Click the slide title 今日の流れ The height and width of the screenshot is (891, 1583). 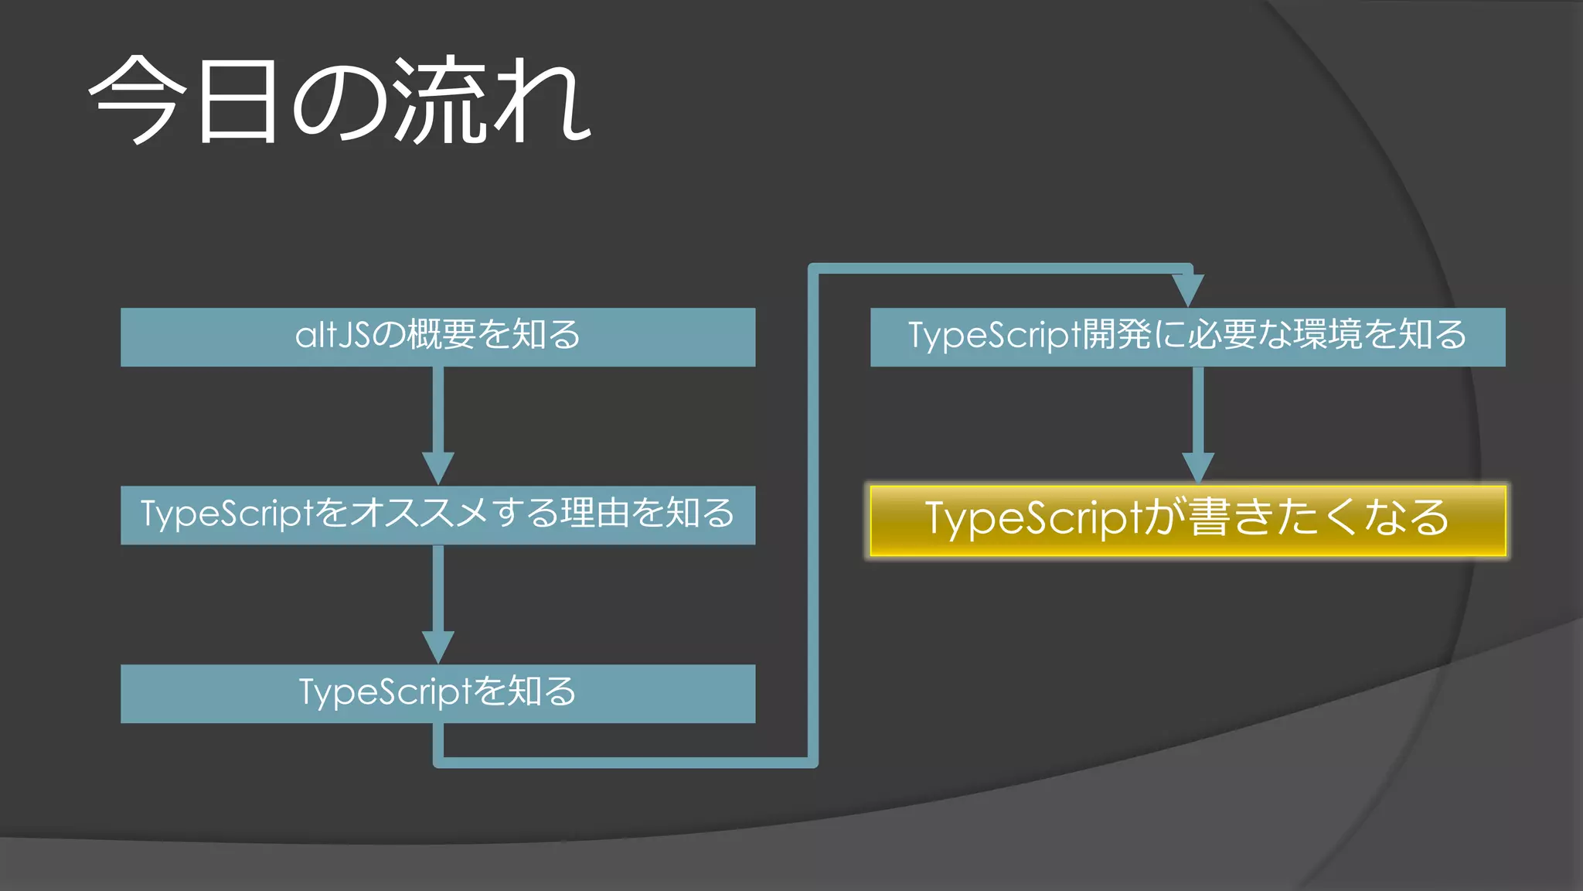pyautogui.click(x=340, y=101)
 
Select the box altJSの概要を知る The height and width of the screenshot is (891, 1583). pyautogui.click(x=437, y=336)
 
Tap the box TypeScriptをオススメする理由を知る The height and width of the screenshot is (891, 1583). pyautogui.click(x=437, y=514)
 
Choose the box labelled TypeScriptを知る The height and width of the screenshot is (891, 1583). pyautogui.click(x=437, y=693)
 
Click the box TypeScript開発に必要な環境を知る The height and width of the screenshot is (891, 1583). pyautogui.click(x=1187, y=336)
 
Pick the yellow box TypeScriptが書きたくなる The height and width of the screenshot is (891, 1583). pyautogui.click(x=1187, y=520)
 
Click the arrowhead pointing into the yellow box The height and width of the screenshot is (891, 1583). pyautogui.click(x=1198, y=467)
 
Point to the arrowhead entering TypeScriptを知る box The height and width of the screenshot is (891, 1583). pyautogui.click(x=438, y=647)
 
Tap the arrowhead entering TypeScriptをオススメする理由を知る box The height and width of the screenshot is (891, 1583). pyautogui.click(x=438, y=468)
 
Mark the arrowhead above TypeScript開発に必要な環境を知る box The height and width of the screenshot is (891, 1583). pyautogui.click(x=1187, y=290)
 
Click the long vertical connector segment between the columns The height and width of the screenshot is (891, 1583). pyautogui.click(x=812, y=510)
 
